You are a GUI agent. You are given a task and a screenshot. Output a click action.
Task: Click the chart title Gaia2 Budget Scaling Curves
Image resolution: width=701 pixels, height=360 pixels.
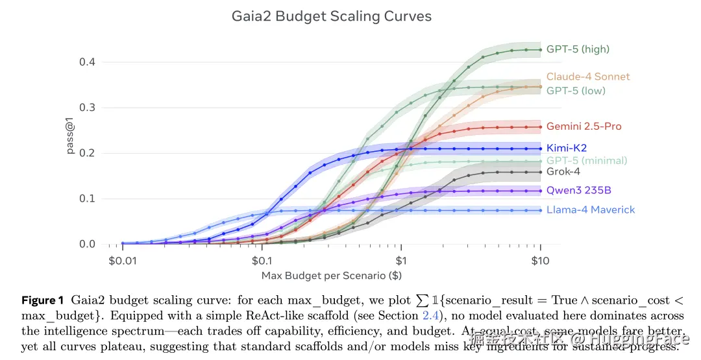[x=331, y=16]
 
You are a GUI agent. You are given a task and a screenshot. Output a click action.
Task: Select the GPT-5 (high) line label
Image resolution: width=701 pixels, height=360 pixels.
[x=578, y=49]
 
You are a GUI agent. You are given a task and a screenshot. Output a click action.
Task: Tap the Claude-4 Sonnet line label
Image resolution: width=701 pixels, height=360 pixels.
[x=588, y=77]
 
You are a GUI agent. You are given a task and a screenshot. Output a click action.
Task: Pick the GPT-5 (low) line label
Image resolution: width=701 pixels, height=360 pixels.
[x=576, y=91]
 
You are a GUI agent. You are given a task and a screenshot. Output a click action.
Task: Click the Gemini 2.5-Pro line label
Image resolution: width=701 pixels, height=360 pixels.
[x=584, y=126]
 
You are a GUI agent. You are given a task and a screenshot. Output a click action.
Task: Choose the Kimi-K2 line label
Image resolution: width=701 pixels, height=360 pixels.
[x=567, y=149]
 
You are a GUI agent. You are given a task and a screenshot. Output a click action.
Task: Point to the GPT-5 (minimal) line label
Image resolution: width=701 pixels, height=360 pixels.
[x=587, y=161]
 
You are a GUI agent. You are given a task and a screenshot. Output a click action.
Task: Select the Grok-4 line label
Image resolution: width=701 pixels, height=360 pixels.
[x=563, y=172]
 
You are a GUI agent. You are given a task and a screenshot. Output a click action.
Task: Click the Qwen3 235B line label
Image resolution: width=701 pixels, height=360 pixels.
[x=578, y=191]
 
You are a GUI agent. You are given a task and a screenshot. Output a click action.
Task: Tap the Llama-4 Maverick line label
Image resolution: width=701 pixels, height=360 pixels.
[x=591, y=210]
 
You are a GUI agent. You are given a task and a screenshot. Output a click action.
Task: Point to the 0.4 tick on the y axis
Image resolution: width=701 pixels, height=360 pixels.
[x=88, y=62]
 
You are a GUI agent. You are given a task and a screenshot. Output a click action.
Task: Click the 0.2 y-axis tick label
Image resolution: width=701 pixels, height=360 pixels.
[x=88, y=154]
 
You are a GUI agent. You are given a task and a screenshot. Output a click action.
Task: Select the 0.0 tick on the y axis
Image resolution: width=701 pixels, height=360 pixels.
[x=88, y=245]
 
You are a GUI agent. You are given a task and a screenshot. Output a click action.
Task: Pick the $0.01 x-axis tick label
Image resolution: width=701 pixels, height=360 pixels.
[x=122, y=261]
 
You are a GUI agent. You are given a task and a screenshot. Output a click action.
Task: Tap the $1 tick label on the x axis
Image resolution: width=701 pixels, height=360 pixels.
[x=401, y=261]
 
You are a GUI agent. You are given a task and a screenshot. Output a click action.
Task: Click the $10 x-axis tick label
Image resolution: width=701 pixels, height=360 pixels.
[x=540, y=261]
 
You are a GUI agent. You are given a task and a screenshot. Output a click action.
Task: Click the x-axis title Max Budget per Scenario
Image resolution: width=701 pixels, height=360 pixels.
[x=331, y=276]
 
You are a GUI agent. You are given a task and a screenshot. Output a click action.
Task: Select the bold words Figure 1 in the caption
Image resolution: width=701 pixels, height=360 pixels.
[x=43, y=301]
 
